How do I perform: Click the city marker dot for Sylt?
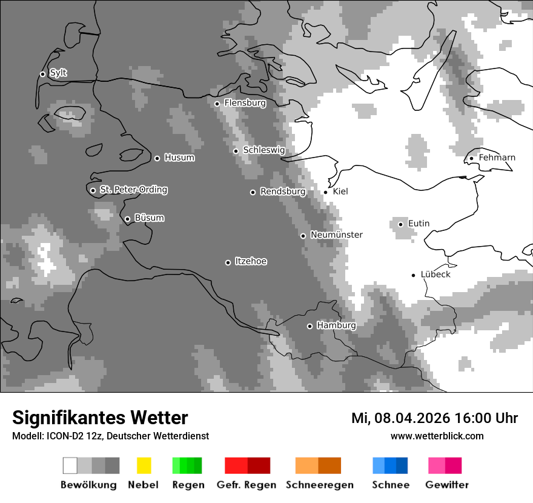tap(42, 74)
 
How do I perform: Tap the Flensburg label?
tap(245, 103)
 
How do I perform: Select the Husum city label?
tap(179, 158)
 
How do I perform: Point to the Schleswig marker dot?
tap(236, 151)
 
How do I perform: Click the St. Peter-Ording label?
tap(133, 190)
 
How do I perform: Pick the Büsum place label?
tap(149, 218)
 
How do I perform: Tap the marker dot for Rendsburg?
tap(253, 192)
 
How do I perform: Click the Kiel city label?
tap(340, 192)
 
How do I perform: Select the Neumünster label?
tap(336, 235)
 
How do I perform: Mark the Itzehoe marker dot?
tap(228, 262)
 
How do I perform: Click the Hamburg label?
tap(336, 325)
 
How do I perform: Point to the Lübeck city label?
tap(435, 275)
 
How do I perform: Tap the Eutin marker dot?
tap(400, 224)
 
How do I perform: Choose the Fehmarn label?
tap(497, 158)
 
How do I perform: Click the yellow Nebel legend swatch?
tap(144, 465)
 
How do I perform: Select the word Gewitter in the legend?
tap(447, 485)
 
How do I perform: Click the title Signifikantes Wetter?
tap(100, 418)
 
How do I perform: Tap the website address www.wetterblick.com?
tap(437, 436)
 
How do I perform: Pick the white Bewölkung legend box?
tap(70, 465)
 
